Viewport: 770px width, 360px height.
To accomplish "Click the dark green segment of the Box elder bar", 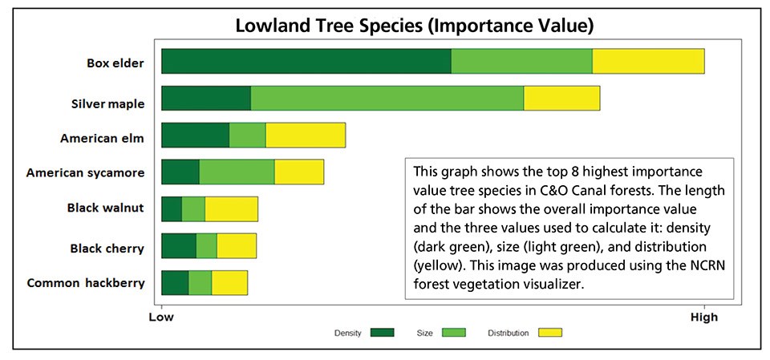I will tap(306, 62).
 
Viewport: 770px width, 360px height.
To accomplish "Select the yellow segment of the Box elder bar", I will tap(648, 62).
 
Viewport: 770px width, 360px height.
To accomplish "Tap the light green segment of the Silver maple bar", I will tap(387, 98).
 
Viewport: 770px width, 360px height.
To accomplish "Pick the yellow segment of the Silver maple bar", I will tap(561, 98).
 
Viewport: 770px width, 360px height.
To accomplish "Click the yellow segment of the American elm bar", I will tap(306, 135).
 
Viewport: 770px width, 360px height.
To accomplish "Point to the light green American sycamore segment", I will tap(237, 172).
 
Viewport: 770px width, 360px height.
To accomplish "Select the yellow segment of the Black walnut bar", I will tap(231, 208).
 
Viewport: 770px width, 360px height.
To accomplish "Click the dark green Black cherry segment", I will tap(179, 245).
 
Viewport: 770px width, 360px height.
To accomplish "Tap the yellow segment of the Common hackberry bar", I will tap(229, 282).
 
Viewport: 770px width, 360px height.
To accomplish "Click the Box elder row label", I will tap(115, 63).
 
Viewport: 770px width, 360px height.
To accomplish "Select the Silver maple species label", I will tap(107, 103).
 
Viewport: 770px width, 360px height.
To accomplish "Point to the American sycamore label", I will tap(85, 172).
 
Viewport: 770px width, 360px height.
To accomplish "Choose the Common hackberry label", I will tap(86, 282).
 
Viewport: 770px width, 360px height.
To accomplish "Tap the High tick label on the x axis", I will tap(703, 318).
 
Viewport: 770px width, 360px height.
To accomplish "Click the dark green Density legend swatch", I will tap(383, 333).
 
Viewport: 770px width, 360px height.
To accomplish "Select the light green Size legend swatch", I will tap(455, 333).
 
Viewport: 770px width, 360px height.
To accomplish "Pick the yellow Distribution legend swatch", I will tap(550, 333).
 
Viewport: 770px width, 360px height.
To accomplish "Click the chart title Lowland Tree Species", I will tap(414, 26).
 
